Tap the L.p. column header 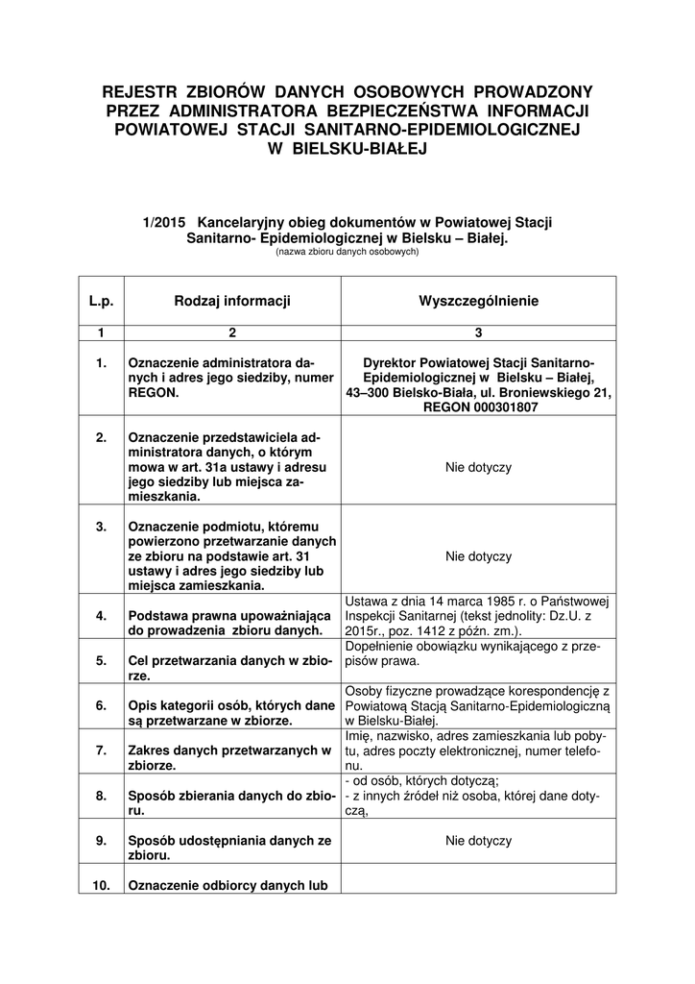[x=102, y=301]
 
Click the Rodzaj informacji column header [x=232, y=301]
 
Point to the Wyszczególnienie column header [x=478, y=301]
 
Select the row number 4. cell [x=102, y=615]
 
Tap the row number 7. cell [x=102, y=750]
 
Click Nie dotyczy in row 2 [x=478, y=467]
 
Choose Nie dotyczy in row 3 [x=478, y=556]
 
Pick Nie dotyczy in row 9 [x=478, y=840]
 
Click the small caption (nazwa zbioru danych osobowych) [x=347, y=251]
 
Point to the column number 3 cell [x=478, y=332]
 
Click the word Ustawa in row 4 [x=364, y=601]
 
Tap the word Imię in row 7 [x=357, y=735]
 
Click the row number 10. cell [x=102, y=885]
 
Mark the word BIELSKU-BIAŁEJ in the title [x=348, y=149]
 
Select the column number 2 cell [x=232, y=332]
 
